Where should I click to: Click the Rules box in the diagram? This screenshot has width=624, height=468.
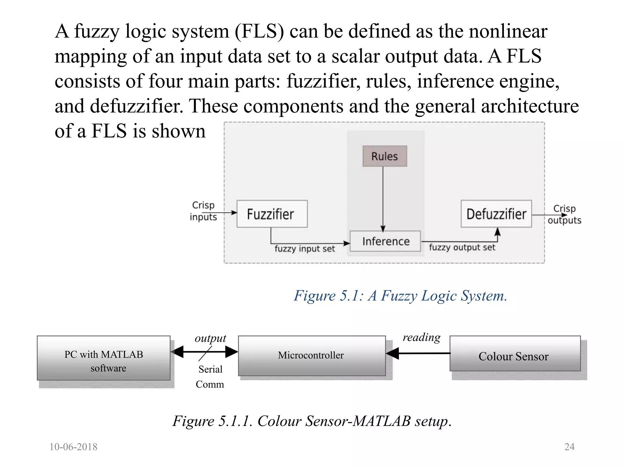pos(385,156)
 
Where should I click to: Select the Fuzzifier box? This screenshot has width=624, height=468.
pos(272,214)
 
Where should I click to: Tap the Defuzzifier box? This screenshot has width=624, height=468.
pos(496,214)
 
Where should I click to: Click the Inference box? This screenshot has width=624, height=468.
pos(385,241)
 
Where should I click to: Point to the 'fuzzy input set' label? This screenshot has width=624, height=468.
pos(304,249)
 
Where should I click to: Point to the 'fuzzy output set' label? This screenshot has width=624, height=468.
pos(462,247)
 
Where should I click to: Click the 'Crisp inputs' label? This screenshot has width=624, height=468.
pos(203,211)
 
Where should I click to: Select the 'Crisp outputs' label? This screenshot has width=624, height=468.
pos(564,214)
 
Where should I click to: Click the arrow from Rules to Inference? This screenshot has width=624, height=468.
pos(383,198)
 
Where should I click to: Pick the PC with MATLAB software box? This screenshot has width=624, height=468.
pos(104,358)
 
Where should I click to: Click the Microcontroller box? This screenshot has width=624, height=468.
pos(311,356)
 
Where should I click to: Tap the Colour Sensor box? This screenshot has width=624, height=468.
pos(515,354)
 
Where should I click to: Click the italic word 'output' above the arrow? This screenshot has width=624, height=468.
pos(210,339)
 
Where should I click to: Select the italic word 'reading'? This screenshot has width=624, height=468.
pos(421,337)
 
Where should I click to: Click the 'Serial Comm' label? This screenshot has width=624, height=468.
pos(210,377)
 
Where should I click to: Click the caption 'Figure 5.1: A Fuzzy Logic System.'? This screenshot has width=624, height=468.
pos(400,296)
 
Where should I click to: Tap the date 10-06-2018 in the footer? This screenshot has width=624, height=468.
pos(73,447)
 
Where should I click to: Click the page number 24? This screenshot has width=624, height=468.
pos(569,447)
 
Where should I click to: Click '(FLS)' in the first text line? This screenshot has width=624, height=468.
pos(259,32)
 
